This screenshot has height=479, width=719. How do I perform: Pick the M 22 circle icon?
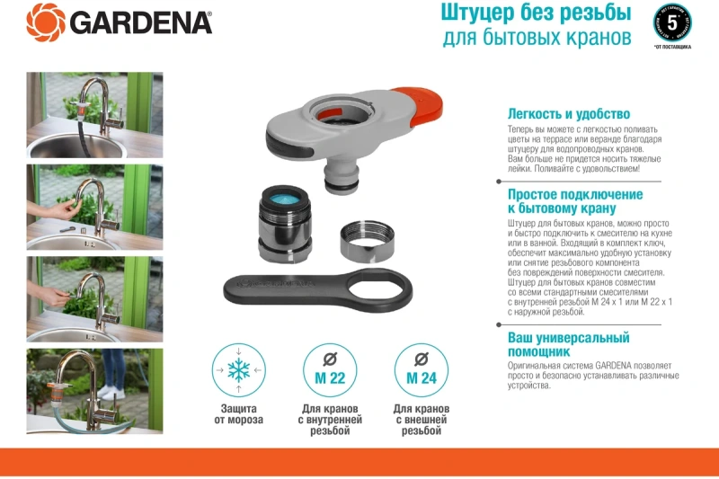pyautogui.click(x=331, y=370)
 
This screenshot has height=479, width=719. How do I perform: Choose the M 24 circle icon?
pyautogui.click(x=422, y=370)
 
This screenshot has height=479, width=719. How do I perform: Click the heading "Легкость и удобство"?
pyautogui.click(x=568, y=114)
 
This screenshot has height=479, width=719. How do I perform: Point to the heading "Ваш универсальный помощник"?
pyautogui.click(x=568, y=344)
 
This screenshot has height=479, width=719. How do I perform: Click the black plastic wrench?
pyautogui.click(x=317, y=287)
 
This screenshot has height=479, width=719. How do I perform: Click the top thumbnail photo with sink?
pyautogui.click(x=94, y=114)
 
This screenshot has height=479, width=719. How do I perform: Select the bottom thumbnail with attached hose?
pyautogui.click(x=94, y=391)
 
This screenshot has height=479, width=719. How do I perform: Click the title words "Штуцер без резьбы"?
pyautogui.click(x=536, y=13)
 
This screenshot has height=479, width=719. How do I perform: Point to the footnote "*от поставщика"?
pyautogui.click(x=674, y=47)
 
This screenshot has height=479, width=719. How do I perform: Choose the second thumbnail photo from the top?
pyautogui.click(x=94, y=207)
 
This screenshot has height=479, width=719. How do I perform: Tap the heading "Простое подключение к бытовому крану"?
pyautogui.click(x=575, y=201)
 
